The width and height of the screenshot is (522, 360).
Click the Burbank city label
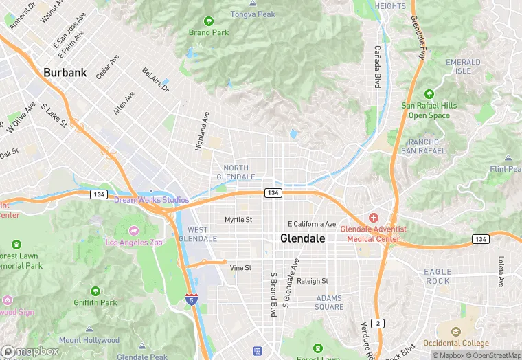click(65, 72)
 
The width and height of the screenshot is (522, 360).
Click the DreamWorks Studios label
click(151, 200)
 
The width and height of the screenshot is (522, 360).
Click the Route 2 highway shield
click(376, 323)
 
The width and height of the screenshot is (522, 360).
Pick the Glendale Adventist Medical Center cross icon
click(374, 217)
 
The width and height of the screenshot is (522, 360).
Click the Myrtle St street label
click(238, 220)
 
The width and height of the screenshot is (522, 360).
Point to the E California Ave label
click(312, 224)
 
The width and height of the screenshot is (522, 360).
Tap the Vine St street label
click(240, 267)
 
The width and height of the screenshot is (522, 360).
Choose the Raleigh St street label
click(313, 281)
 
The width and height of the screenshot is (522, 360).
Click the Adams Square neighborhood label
click(330, 302)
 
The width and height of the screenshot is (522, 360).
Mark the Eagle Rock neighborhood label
click(438, 276)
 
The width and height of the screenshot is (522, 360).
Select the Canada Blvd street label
click(376, 67)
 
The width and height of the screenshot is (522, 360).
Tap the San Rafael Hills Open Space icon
click(429, 93)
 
